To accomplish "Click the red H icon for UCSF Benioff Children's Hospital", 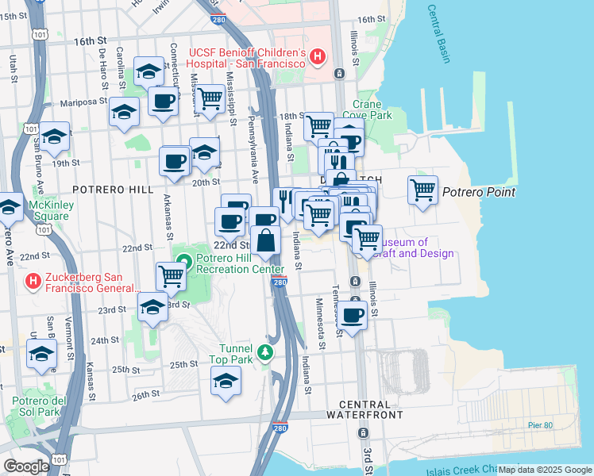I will pyautogui.click(x=318, y=56).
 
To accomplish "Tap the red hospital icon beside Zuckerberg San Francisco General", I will pyautogui.click(x=33, y=281).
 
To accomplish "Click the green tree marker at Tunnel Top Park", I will pyautogui.click(x=269, y=352).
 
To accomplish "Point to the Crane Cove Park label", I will pyautogui.click(x=372, y=109).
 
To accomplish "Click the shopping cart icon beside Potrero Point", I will pyautogui.click(x=422, y=190).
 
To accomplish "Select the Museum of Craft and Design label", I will pyautogui.click(x=418, y=248).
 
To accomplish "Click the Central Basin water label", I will pyautogui.click(x=439, y=34).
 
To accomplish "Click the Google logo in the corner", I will pyautogui.click(x=26, y=466).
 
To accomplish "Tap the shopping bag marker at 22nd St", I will pyautogui.click(x=265, y=240).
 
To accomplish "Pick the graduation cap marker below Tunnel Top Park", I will pyautogui.click(x=226, y=382).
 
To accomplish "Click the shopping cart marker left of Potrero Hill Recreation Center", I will pyautogui.click(x=171, y=276).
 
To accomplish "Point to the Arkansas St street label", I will pyautogui.click(x=168, y=217).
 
